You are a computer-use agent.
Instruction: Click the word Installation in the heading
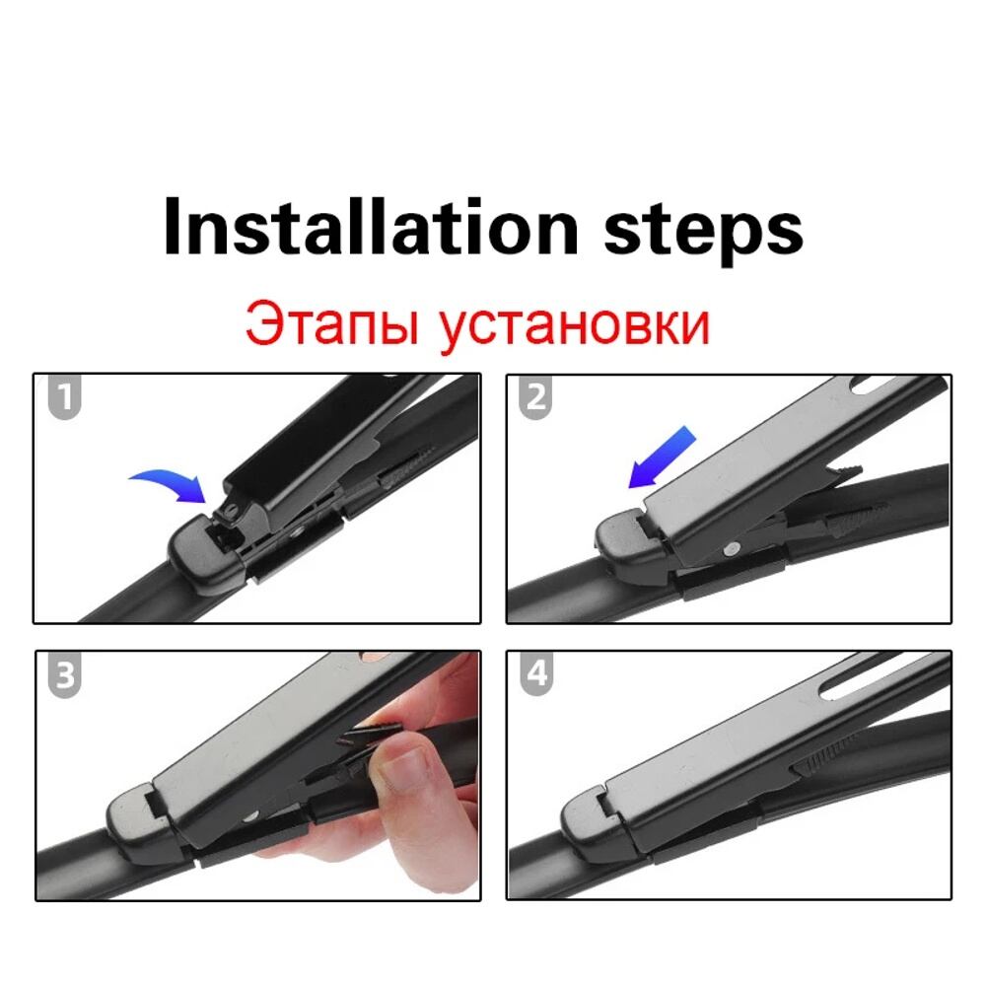[371, 227]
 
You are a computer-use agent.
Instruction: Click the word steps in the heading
[703, 233]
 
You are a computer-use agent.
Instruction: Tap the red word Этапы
[331, 324]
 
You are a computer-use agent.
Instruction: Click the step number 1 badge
[64, 396]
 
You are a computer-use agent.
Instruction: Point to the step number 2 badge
[535, 396]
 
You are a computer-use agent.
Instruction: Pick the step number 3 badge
[65, 674]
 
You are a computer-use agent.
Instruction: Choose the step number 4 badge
[536, 673]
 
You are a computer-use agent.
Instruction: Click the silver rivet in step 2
[730, 549]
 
